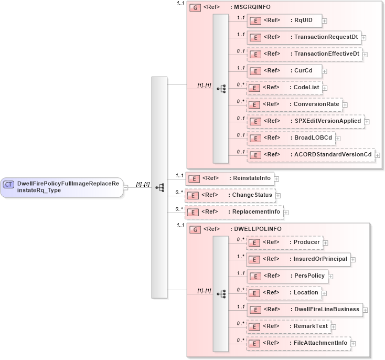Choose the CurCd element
(x=284, y=71)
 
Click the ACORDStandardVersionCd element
(x=310, y=155)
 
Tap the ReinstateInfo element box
(x=229, y=178)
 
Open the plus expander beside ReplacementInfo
(x=286, y=213)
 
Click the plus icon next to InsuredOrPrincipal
(x=353, y=260)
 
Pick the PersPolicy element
(x=287, y=276)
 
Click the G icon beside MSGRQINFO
(x=194, y=8)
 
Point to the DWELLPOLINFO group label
(x=256, y=229)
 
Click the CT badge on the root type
(x=9, y=184)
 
